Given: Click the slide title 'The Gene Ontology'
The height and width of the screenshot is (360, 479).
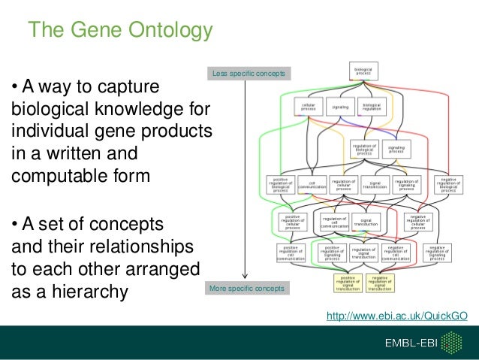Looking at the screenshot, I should pos(120,31).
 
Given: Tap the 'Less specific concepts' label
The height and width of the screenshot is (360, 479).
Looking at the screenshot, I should pos(243,74).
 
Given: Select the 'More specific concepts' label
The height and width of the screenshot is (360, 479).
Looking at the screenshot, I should pos(243,289).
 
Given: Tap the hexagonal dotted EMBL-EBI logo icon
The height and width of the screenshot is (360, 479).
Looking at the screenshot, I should pos(453,343).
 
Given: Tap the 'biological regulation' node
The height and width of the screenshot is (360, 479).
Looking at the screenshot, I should pos(372,107).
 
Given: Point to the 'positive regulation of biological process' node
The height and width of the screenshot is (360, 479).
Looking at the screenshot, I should pos(280,185).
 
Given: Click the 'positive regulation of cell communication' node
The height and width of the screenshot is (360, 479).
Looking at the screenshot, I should pos(290,253).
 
